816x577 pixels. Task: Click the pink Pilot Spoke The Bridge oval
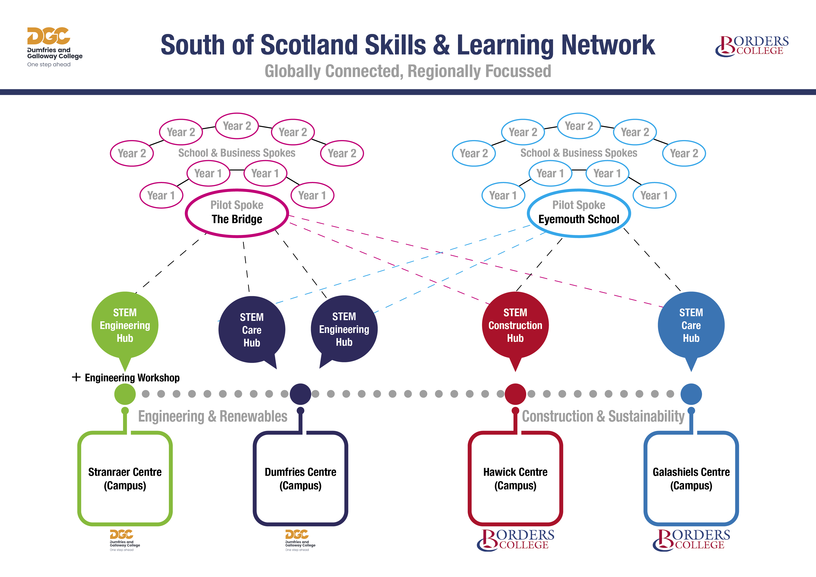[x=237, y=213]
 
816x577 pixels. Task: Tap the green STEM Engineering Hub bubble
[x=125, y=325]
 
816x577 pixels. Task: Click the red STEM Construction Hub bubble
[x=515, y=325]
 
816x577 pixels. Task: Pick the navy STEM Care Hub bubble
[x=252, y=330]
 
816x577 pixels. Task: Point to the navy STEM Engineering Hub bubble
[x=344, y=329]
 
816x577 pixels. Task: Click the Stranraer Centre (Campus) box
[x=125, y=479]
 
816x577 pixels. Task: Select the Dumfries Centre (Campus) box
[x=300, y=479]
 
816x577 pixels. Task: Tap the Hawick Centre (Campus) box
[x=515, y=479]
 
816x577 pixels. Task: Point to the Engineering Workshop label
[x=132, y=378]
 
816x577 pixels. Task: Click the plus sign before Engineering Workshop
[x=76, y=377]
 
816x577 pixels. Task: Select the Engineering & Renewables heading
[x=213, y=416]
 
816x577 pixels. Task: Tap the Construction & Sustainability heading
[x=603, y=416]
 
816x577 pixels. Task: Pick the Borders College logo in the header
[x=751, y=46]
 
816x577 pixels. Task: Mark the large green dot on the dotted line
[x=125, y=394]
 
